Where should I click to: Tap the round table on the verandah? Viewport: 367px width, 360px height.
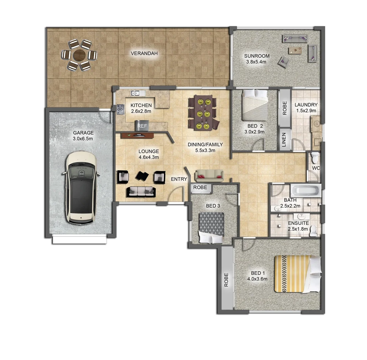pos(80,55)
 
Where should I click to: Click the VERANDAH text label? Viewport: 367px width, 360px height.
pos(144,53)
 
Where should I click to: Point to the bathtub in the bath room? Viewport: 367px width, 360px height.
pos(305,191)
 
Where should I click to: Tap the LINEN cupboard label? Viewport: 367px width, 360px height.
pos(284,139)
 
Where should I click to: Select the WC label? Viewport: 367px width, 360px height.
pos(316,168)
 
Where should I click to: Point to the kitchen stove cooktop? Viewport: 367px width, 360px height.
pos(120,108)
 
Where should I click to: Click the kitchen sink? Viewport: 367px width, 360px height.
pos(137,93)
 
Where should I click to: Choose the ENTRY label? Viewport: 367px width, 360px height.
pos(179,179)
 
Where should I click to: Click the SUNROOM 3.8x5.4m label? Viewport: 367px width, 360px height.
pos(257,59)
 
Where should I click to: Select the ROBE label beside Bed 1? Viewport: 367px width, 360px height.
pos(226,280)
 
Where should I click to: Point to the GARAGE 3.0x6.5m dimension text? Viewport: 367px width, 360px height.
pos(83,138)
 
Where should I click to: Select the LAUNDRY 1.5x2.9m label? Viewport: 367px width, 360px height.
pos(306,108)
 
